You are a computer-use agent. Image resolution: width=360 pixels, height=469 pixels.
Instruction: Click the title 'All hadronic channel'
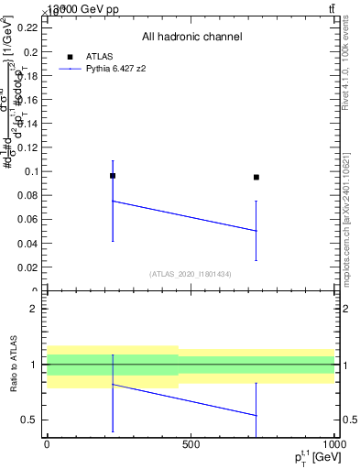point(191,37)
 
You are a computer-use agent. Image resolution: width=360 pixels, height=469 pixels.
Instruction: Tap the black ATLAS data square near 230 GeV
point(113,175)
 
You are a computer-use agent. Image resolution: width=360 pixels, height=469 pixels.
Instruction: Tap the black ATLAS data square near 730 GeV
point(256,177)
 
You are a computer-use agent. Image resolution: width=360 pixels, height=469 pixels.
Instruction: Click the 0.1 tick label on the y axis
point(30,171)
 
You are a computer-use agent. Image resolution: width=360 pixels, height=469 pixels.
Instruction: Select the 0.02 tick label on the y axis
point(27,267)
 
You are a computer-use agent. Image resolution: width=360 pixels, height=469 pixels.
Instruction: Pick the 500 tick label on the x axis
point(191,443)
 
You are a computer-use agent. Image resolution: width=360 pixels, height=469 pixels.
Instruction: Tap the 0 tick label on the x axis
point(47,443)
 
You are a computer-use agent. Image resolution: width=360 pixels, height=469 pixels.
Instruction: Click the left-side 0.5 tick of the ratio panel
point(30,420)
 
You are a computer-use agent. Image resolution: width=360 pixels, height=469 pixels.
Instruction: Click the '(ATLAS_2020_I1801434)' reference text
point(191,274)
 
